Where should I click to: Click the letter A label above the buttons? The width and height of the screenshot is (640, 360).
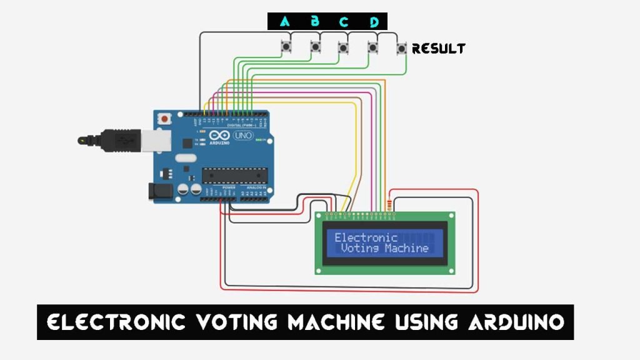tap(285, 22)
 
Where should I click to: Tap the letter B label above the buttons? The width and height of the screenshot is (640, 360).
tap(315, 22)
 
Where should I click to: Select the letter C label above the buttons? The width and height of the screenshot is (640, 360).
tap(344, 22)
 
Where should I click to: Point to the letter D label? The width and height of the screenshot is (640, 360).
tap(374, 22)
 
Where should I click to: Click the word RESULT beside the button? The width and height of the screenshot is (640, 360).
tap(439, 48)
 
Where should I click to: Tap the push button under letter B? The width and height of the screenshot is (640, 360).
tap(316, 47)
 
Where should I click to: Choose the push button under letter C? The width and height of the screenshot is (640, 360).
tap(342, 47)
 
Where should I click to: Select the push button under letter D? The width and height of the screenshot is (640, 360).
tap(372, 47)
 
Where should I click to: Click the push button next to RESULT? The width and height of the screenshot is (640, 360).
tap(401, 48)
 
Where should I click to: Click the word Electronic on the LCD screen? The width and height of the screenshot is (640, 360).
tap(366, 237)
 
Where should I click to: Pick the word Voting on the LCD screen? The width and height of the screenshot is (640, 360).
tap(360, 248)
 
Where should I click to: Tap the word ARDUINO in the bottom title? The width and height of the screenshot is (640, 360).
tap(516, 322)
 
